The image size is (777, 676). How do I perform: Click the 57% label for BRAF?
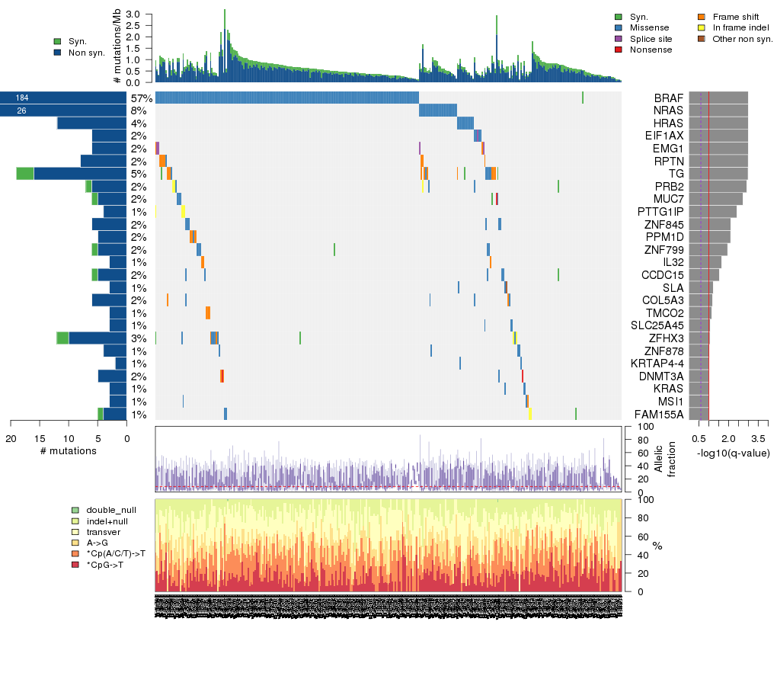(x=141, y=98)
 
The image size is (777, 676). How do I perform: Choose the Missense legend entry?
(x=650, y=27)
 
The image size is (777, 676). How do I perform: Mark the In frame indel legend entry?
(x=738, y=27)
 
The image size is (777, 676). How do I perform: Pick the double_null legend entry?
(x=111, y=509)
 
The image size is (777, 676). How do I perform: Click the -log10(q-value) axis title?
(x=733, y=453)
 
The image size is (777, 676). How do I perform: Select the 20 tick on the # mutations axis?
(x=11, y=438)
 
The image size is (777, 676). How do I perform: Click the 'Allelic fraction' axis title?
(x=665, y=459)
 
